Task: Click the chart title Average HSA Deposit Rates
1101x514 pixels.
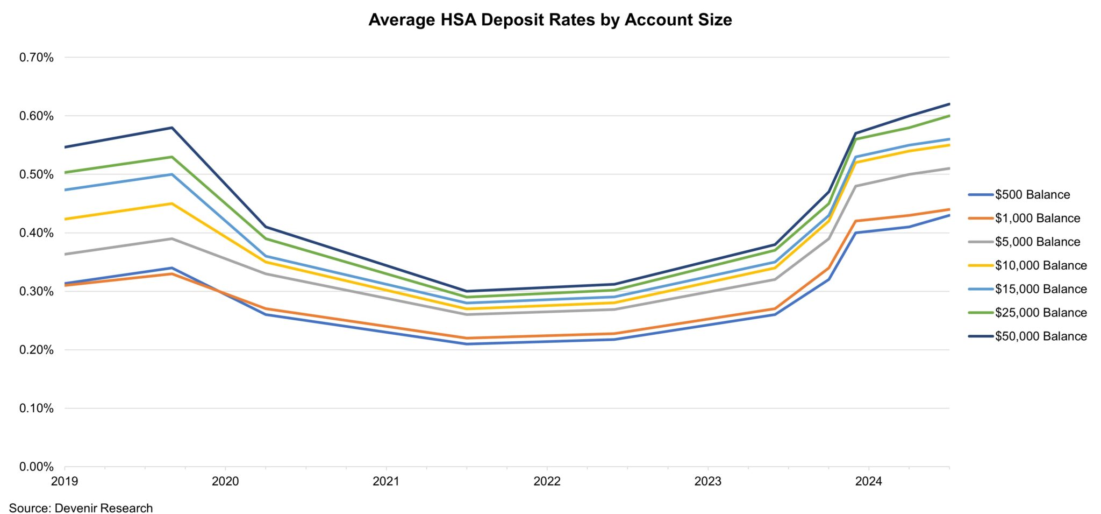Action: click(549, 20)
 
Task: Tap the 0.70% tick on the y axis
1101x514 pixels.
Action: click(37, 58)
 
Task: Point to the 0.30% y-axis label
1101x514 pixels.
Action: click(37, 292)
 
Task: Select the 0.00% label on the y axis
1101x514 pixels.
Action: click(37, 467)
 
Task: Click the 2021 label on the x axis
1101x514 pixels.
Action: click(386, 481)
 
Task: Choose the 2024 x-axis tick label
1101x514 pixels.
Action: click(869, 481)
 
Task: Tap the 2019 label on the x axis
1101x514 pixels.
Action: click(65, 481)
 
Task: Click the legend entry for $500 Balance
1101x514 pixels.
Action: click(1032, 195)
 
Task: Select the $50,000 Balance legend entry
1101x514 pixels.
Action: click(1040, 336)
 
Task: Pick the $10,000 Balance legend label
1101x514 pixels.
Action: click(1040, 265)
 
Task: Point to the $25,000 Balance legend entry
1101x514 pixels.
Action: click(1040, 313)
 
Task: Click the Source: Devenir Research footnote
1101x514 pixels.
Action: click(81, 508)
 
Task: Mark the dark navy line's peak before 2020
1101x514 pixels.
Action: click(172, 128)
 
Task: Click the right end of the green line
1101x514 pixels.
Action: click(949, 116)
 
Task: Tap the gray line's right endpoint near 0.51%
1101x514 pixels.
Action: click(949, 168)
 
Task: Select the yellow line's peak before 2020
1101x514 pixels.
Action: click(172, 203)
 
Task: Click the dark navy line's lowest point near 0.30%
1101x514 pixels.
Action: click(467, 291)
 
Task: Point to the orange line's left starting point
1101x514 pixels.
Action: click(65, 285)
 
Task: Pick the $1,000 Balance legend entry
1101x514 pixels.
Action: click(1037, 219)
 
